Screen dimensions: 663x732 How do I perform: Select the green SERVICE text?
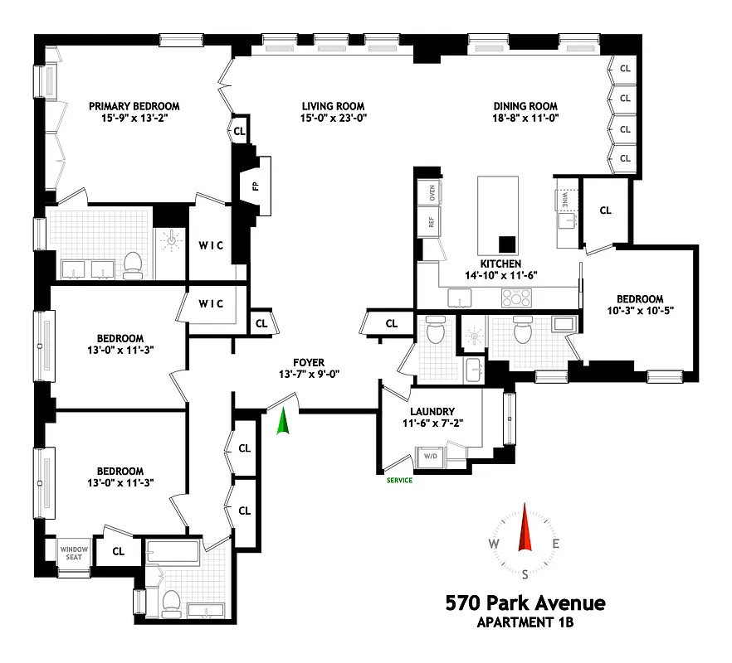click(x=399, y=480)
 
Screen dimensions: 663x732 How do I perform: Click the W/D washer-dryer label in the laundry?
click(x=432, y=457)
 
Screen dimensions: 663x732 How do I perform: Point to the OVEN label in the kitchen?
click(x=432, y=193)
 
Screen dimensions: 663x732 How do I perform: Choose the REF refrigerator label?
click(x=432, y=222)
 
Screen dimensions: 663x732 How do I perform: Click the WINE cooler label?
click(x=560, y=199)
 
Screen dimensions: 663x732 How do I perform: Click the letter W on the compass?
click(x=494, y=544)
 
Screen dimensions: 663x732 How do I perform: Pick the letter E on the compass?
click(x=556, y=544)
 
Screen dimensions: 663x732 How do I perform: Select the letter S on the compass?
click(x=525, y=573)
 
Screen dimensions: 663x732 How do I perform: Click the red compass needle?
click(x=525, y=528)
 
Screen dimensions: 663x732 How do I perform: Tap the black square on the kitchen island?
click(x=505, y=244)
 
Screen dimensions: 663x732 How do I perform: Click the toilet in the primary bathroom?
click(x=133, y=264)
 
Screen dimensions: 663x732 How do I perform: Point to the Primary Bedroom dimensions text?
click(x=134, y=119)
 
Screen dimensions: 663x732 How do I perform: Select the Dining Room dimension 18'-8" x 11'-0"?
click(x=525, y=119)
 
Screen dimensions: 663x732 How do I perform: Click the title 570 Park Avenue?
click(x=525, y=603)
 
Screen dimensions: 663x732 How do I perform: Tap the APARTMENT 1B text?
click(x=525, y=622)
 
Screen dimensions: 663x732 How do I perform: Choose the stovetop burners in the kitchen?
click(x=519, y=298)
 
